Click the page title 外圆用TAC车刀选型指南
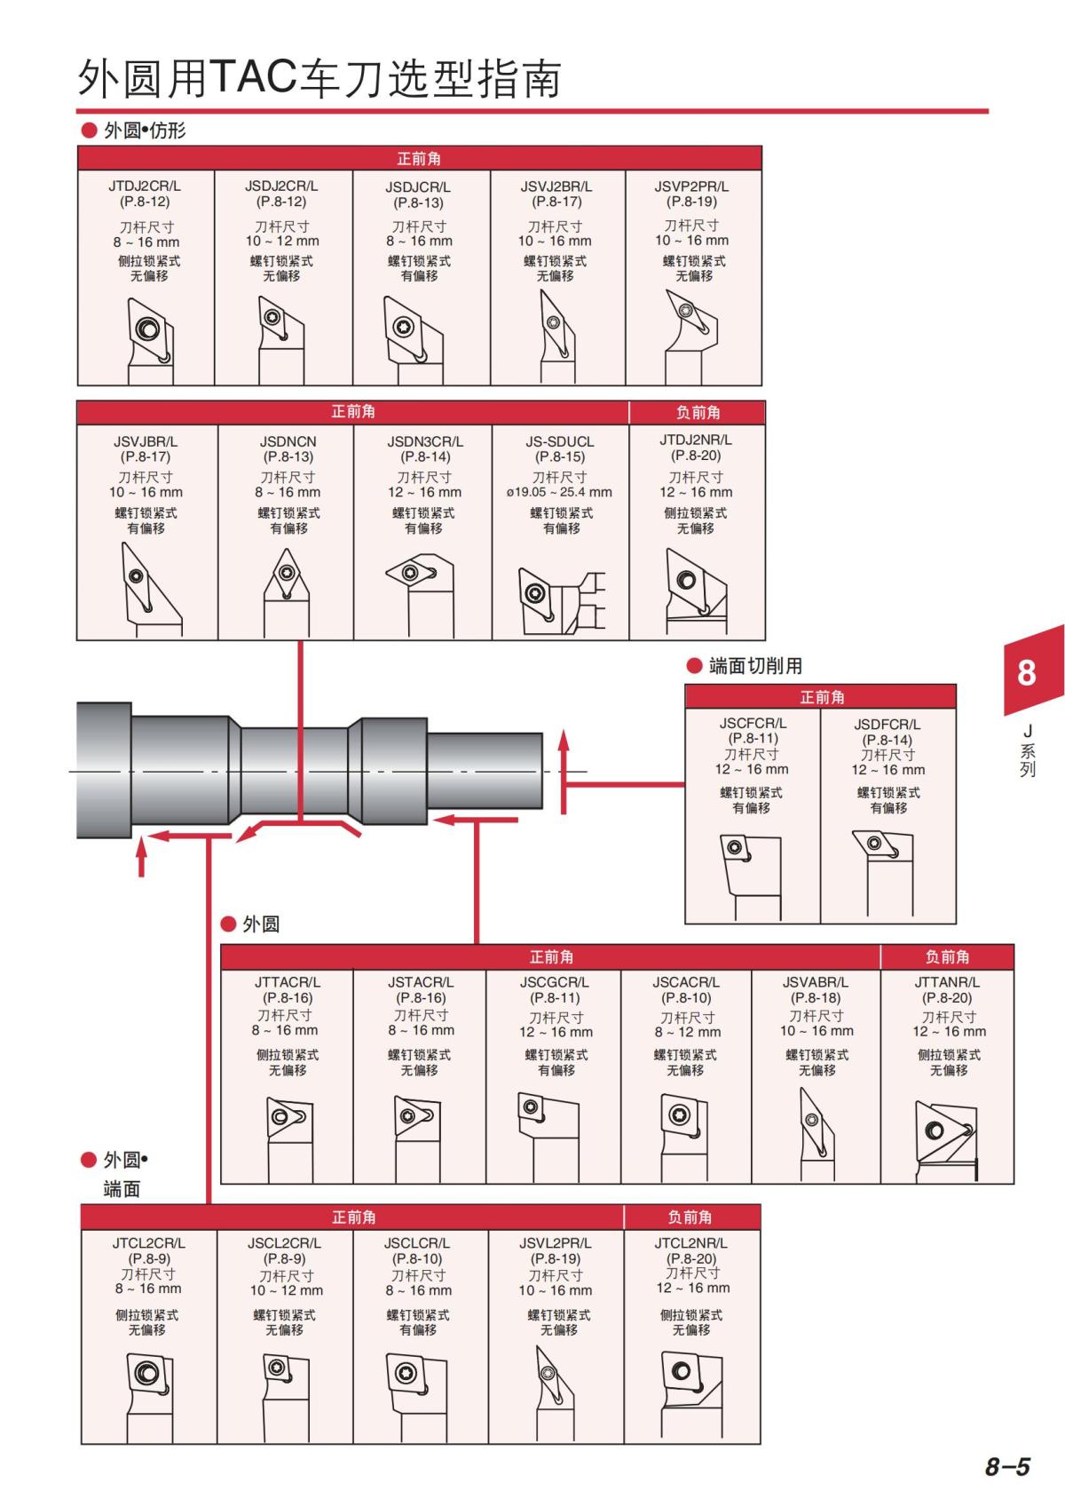[x=319, y=79]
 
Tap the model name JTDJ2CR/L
[x=145, y=186]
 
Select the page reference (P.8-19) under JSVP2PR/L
[x=691, y=202]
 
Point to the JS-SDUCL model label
[x=559, y=441]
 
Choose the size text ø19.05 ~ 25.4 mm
[x=559, y=492]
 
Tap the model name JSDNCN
[x=288, y=441]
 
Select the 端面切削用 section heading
[x=755, y=666]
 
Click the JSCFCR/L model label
[x=753, y=724]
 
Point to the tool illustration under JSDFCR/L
[x=884, y=875]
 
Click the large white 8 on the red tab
[x=1027, y=672]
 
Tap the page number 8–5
[x=1007, y=1466]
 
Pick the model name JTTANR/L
[x=947, y=982]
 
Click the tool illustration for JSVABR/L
[x=816, y=1132]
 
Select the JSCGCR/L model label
[x=554, y=982]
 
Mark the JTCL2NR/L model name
[x=690, y=1243]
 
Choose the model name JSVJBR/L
[x=146, y=441]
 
